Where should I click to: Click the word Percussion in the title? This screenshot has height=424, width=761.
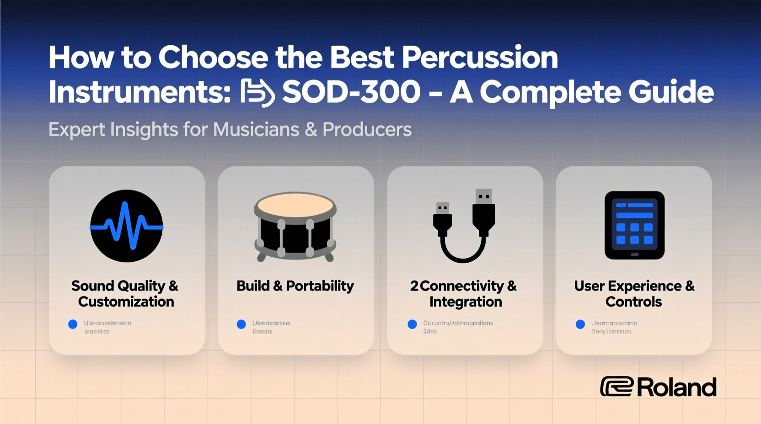click(x=480, y=58)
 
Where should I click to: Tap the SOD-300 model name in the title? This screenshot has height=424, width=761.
click(x=351, y=92)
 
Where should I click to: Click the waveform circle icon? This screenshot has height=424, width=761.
click(x=127, y=226)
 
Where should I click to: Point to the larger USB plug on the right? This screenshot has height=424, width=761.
click(x=483, y=212)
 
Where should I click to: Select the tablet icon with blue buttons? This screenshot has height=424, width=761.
click(x=634, y=225)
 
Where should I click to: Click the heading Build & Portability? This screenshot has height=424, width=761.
click(x=295, y=286)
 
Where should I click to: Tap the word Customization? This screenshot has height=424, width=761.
click(x=126, y=302)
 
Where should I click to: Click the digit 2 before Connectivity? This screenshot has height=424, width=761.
click(x=414, y=286)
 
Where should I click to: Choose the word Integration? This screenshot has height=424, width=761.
click(x=466, y=302)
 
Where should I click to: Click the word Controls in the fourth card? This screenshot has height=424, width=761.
click(x=633, y=302)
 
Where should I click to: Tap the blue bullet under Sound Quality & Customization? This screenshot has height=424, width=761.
click(x=73, y=324)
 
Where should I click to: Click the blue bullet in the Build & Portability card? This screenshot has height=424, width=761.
click(x=241, y=324)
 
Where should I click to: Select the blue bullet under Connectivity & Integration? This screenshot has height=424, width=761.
click(x=412, y=324)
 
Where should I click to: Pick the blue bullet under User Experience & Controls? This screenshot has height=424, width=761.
click(x=580, y=324)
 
